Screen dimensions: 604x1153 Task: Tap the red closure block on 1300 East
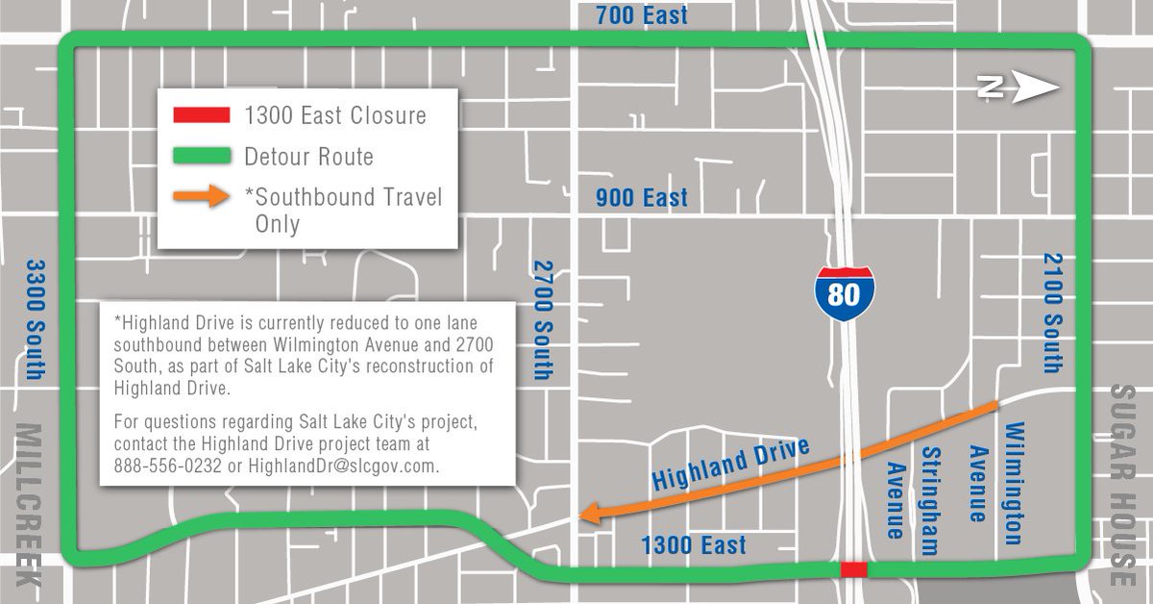click(853, 569)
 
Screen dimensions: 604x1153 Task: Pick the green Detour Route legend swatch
click(201, 156)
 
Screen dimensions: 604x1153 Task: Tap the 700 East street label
click(642, 16)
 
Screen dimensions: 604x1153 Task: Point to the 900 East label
click(642, 198)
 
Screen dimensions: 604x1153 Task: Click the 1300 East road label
click(695, 545)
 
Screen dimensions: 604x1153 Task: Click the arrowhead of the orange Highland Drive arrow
click(587, 516)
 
